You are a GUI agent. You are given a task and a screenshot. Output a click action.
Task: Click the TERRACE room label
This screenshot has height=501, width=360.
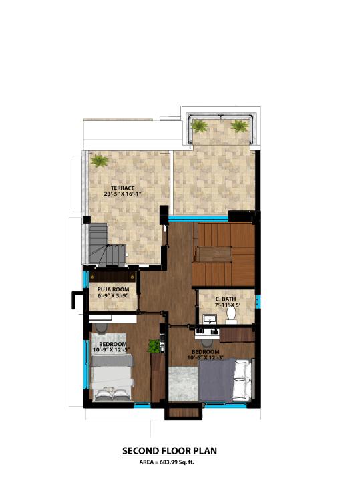pyautogui.click(x=123, y=188)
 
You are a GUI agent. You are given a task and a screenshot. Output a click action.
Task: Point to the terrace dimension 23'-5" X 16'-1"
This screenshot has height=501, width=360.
pyautogui.click(x=123, y=194)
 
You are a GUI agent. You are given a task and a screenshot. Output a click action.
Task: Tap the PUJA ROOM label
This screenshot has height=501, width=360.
pyautogui.click(x=113, y=289)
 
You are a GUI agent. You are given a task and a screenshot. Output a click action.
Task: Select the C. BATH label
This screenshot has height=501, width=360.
pyautogui.click(x=226, y=299)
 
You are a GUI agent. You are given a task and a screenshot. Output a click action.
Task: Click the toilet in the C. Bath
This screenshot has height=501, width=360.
pyautogui.click(x=230, y=314)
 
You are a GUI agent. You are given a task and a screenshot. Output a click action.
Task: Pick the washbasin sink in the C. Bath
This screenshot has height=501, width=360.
pyautogui.click(x=210, y=319)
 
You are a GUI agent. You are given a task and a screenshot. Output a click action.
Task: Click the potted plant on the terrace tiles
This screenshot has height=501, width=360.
pyautogui.click(x=99, y=160)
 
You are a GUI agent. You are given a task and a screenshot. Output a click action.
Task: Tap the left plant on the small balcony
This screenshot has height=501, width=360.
pyautogui.click(x=200, y=126)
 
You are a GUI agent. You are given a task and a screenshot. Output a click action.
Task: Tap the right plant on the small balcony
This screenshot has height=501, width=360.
pyautogui.click(x=240, y=126)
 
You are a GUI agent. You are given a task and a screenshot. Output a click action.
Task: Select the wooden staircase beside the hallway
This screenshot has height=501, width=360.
pyautogui.click(x=224, y=255)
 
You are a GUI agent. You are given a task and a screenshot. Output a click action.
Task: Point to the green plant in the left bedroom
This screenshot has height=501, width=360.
pyautogui.click(x=154, y=346)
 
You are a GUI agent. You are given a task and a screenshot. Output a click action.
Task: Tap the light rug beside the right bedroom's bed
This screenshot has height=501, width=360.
pyautogui.click(x=183, y=383)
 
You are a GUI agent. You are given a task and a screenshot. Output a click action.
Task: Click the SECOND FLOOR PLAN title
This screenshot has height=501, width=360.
pyautogui.click(x=170, y=451)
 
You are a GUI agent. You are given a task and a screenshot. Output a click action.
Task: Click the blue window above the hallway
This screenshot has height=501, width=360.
pyautogui.click(x=198, y=218)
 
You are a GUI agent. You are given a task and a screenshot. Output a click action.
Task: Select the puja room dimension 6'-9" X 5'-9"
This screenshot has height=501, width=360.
pyautogui.click(x=113, y=295)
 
